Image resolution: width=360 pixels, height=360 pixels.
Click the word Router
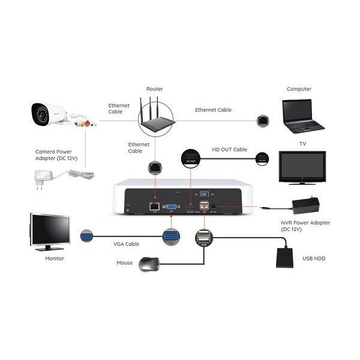coord(154,89)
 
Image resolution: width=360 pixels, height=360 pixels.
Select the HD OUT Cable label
coord(230,149)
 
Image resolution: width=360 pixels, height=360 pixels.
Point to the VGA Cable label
coord(127,244)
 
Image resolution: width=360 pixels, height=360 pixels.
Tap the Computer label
coord(299,89)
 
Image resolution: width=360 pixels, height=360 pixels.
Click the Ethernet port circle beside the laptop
coord(262,121)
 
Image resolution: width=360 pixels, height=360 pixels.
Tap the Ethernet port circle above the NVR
coord(155,165)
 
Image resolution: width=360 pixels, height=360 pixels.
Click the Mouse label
coord(124,263)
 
